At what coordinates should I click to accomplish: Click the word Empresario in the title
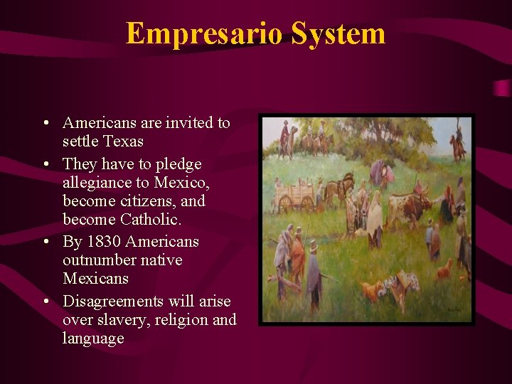(194, 33)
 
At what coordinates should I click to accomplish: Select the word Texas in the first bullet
(124, 142)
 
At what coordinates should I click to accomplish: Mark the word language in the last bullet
(93, 338)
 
